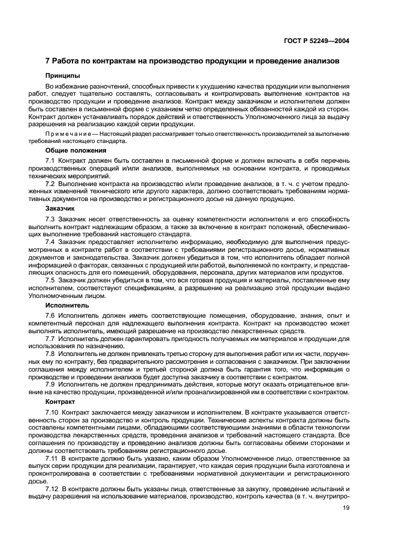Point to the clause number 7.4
50,242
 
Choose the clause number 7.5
50,279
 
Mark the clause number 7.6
50,315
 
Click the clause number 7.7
50,337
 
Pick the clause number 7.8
50,352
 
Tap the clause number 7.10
52,413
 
